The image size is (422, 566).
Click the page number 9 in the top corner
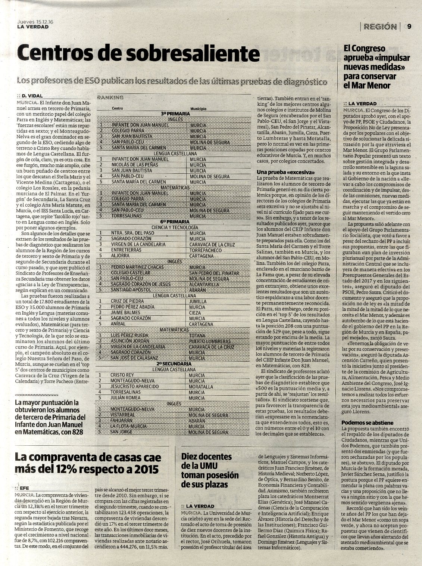409,27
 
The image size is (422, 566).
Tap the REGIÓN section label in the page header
380,27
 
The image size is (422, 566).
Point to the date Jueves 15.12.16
35,22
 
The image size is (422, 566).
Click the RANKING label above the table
110,98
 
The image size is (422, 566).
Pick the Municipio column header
198,109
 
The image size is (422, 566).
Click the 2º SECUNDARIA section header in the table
174,364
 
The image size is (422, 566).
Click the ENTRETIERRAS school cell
125,250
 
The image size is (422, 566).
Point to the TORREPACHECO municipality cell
206,250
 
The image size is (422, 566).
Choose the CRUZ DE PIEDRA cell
125,301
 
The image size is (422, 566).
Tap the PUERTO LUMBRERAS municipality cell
210,341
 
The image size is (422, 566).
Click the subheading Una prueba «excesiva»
286,172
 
